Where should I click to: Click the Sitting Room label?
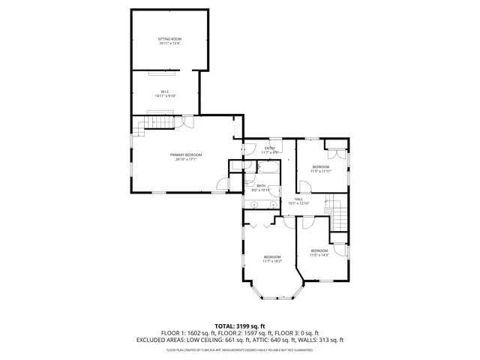[x=169, y=38]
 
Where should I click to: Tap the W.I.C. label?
[x=164, y=92]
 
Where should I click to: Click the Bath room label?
[x=261, y=185]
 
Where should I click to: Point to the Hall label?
[x=298, y=199]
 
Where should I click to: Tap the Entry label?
[x=270, y=148]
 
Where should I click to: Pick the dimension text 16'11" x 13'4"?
[x=169, y=43]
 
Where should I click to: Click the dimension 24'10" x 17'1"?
[x=186, y=159]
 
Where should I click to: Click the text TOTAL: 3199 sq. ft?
[x=240, y=326]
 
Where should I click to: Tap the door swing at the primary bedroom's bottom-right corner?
[x=223, y=184]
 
